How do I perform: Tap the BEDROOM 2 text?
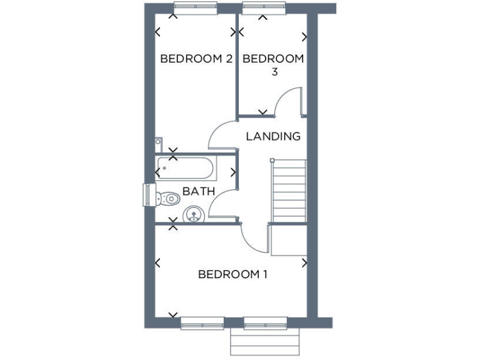196,59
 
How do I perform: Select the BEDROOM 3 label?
273,65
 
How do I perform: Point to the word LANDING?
273,136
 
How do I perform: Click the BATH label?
199,191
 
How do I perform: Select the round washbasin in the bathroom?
194,216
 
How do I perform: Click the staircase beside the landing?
288,191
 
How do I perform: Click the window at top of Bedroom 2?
195,8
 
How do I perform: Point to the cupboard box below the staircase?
287,239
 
